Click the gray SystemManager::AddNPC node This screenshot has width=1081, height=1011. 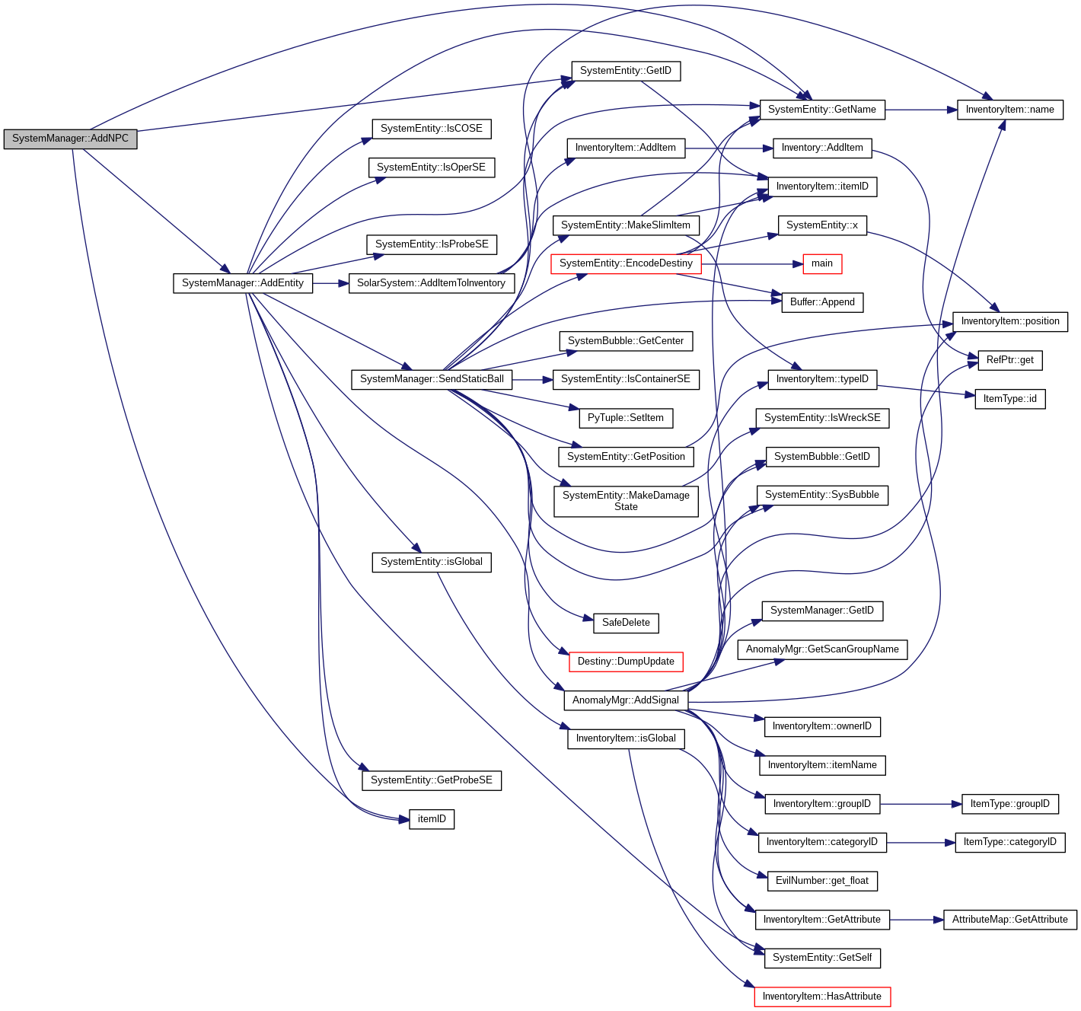70,139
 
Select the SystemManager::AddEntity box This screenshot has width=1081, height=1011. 242,283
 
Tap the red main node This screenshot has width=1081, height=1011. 821,263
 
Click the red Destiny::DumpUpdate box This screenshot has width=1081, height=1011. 626,662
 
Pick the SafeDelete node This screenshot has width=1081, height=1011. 626,623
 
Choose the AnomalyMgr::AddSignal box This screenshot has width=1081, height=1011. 625,700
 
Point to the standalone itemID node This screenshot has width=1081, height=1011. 432,819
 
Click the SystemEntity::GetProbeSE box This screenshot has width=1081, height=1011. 431,780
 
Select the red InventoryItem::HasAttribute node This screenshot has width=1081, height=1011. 821,997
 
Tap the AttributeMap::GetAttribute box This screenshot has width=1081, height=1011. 1009,920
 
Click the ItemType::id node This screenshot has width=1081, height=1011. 1009,399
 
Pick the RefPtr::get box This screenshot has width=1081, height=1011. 1009,360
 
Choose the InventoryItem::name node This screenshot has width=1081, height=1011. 1009,110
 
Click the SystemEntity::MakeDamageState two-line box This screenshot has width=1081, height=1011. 626,501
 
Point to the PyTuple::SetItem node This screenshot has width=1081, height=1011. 625,418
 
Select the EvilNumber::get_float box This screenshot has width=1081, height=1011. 821,881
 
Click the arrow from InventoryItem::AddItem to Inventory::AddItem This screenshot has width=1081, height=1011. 729,148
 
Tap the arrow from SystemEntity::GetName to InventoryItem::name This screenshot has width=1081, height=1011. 921,110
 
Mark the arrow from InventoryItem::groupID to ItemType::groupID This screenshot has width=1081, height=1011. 921,804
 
